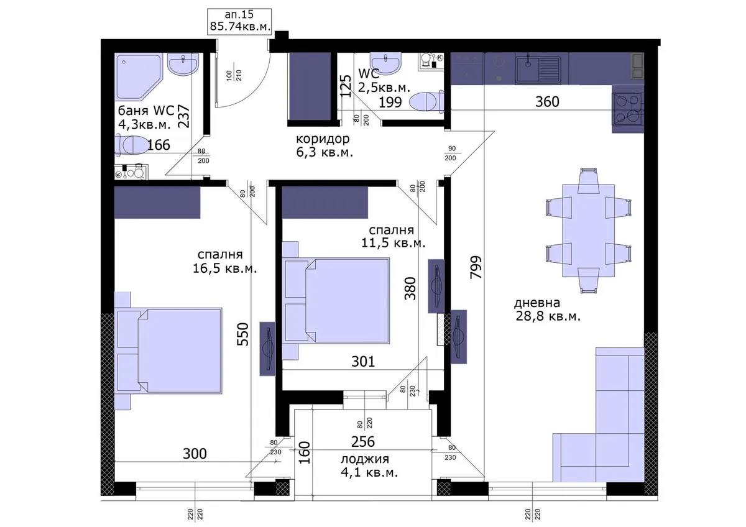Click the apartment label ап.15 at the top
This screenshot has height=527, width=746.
pos(239,14)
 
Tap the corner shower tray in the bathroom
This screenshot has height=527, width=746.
pos(139,77)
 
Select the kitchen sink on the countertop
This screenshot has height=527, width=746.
pos(538,70)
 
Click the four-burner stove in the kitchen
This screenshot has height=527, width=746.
pos(628,109)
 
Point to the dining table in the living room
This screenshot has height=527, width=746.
pos(589,231)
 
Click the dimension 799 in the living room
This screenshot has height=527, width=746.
pos(476,267)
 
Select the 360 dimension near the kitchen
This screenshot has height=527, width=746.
pos(547,101)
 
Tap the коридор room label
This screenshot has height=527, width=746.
pos(323,139)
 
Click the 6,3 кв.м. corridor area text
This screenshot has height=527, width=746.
pos(325,152)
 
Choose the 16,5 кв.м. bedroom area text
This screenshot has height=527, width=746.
pos(225,268)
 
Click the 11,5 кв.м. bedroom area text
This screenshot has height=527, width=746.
pos(394,243)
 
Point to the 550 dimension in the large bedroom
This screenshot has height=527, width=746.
pos(243,334)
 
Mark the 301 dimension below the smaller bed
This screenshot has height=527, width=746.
pos(363,361)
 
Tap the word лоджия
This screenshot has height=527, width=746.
pos(365,459)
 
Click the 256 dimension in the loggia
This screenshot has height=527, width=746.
pos(363,442)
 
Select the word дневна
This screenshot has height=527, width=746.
pos(537,303)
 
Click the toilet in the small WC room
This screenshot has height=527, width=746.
pos(426,101)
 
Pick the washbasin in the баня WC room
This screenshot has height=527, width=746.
pos(183,65)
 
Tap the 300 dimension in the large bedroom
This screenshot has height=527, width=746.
pos(195,454)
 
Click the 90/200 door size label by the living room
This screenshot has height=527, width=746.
pos(451,153)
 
